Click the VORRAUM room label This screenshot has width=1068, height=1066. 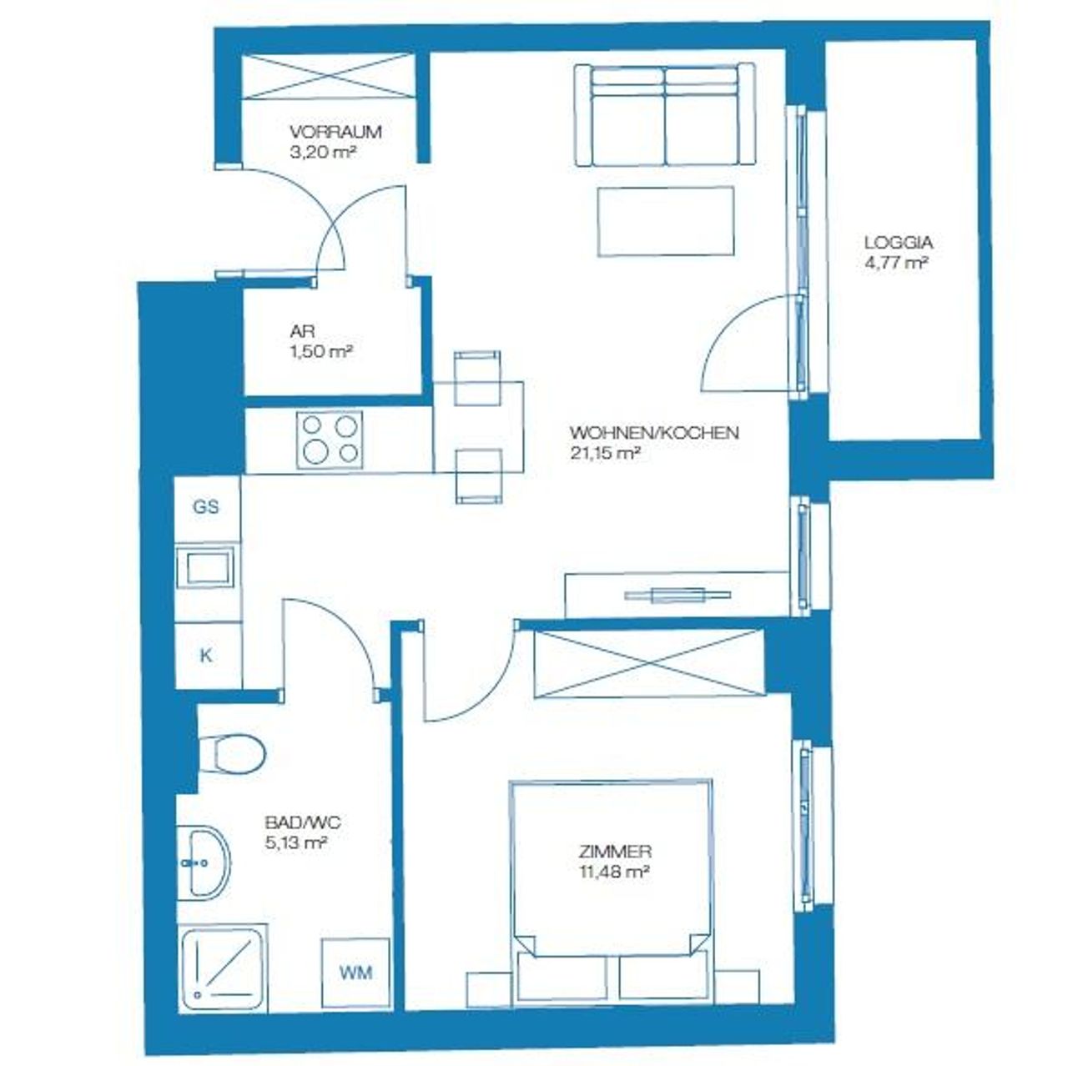pos(335,132)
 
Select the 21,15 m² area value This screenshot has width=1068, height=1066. pos(606,454)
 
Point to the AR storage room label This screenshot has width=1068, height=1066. pos(302,331)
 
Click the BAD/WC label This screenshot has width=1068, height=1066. pos(303,822)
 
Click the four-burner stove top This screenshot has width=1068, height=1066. pos(330,440)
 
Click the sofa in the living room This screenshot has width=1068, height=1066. pos(664,114)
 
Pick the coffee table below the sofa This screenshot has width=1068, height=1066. pos(666,222)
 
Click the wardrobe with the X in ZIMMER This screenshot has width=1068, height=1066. pos(648,664)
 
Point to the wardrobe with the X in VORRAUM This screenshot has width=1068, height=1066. pos(329,77)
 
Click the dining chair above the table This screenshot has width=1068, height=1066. pos(477,378)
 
